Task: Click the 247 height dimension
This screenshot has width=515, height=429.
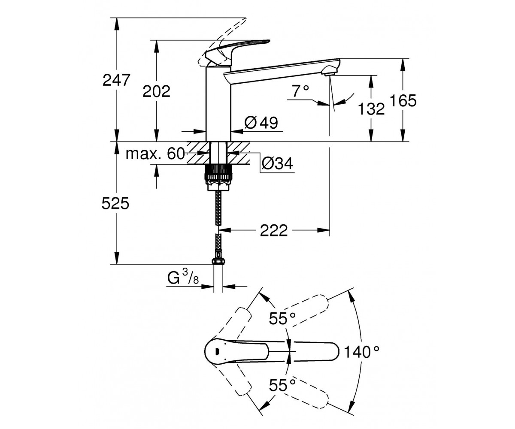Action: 116,80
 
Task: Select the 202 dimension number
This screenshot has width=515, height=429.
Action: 156,91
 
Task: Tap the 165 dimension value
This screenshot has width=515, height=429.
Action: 403,100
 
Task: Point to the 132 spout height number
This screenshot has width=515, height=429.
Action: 371,109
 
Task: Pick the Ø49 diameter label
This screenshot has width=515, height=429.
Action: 261,123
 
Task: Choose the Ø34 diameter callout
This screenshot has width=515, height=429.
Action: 277,163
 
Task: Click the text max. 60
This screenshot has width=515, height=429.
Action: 155,154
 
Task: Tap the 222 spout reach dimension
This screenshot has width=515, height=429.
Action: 274,230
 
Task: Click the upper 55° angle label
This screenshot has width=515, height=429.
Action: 282,318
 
